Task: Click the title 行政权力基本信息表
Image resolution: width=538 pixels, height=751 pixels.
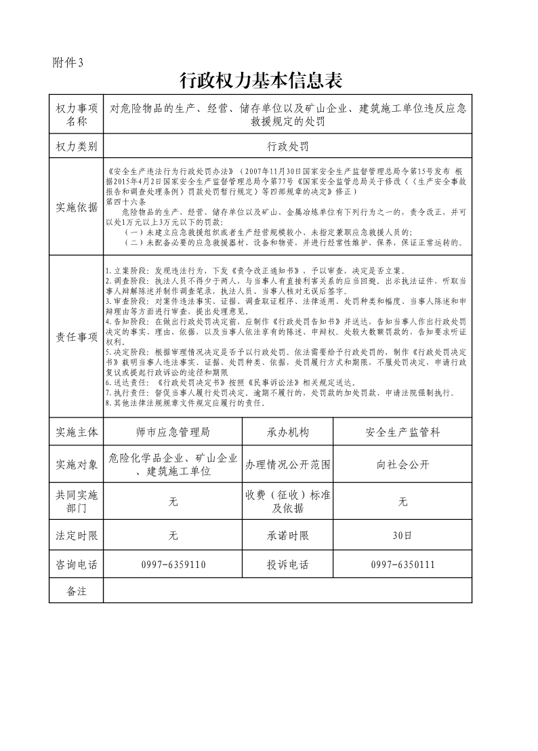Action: click(260, 81)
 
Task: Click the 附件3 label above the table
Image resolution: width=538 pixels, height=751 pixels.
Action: click(68, 63)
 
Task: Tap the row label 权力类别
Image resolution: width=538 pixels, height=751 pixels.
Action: click(77, 146)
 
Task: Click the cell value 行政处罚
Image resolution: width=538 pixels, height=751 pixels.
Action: click(288, 146)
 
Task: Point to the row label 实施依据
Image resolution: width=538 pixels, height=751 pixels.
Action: click(77, 207)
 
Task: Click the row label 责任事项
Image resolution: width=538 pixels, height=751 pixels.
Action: click(77, 337)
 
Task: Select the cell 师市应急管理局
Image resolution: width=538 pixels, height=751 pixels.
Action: click(173, 432)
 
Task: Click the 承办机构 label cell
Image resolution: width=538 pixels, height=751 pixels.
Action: click(288, 432)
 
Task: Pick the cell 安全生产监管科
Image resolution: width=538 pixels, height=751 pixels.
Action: click(402, 432)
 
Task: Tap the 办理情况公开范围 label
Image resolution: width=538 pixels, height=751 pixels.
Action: click(288, 464)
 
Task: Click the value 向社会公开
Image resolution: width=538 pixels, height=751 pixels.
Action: click(402, 464)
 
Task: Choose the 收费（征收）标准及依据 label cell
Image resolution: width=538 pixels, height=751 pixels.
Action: click(288, 502)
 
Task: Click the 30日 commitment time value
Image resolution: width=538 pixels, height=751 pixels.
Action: click(402, 535)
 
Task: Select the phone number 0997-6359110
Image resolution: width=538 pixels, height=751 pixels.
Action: click(173, 565)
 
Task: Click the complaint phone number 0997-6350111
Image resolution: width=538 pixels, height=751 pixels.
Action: click(402, 565)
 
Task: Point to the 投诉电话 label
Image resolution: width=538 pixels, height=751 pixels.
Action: click(288, 565)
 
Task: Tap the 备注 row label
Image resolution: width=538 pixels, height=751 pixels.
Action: click(77, 591)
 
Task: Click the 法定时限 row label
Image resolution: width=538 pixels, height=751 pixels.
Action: click(77, 535)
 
